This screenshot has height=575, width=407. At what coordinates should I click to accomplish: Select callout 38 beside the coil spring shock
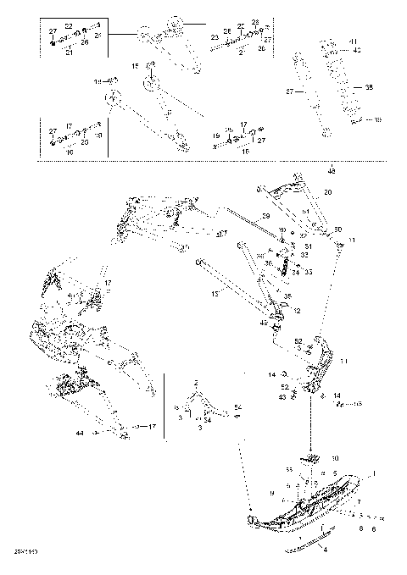point(368,87)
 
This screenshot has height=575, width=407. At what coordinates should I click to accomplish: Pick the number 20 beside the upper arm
point(328,192)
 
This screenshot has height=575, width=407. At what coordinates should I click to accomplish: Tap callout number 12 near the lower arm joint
point(297,311)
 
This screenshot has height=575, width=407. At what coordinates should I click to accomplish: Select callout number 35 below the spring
point(287,296)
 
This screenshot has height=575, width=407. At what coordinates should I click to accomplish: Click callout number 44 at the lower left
point(80,432)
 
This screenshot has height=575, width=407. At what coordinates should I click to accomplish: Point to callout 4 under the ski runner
point(323,551)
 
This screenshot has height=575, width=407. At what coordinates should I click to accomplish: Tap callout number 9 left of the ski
point(272,492)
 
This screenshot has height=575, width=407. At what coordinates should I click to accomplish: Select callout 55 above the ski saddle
point(288,468)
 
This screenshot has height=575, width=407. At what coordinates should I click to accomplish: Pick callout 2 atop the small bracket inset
point(195,383)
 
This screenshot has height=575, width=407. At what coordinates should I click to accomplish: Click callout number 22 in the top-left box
point(69,27)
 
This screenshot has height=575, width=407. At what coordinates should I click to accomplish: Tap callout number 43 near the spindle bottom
point(282,396)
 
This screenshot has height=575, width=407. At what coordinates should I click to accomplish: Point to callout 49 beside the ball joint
point(264,323)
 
